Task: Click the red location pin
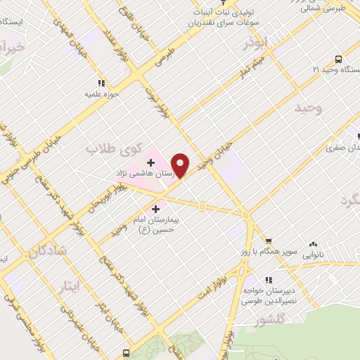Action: (181, 165)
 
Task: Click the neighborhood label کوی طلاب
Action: (113, 148)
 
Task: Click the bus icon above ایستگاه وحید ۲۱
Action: (338, 59)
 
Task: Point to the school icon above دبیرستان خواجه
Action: (268, 278)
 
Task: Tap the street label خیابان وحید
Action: (214, 156)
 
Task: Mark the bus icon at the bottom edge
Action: (126, 353)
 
